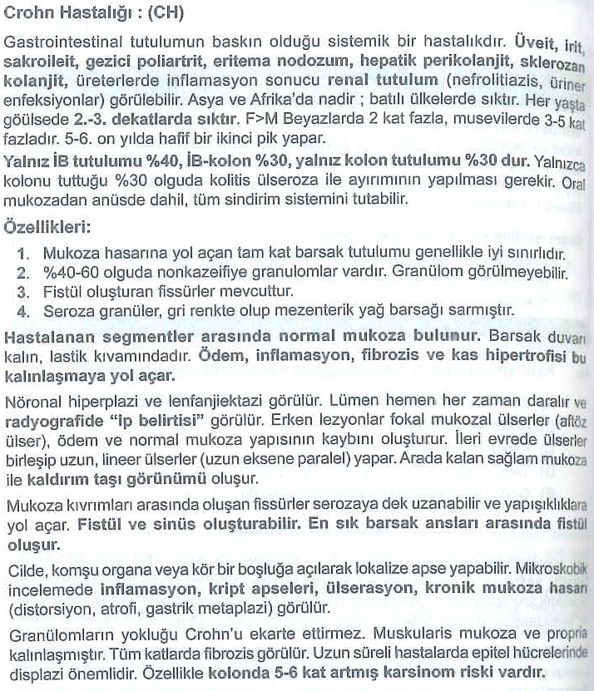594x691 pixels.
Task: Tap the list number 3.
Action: click(24, 291)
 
